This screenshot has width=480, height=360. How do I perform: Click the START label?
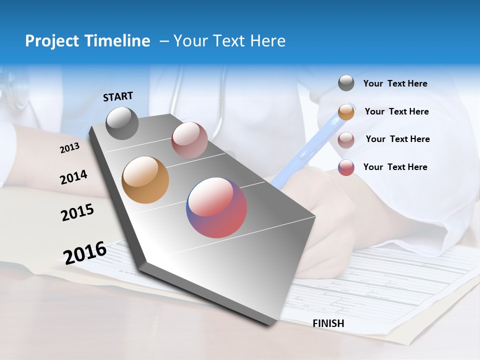[x=118, y=96]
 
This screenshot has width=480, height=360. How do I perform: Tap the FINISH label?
[x=328, y=323]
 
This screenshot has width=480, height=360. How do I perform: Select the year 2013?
[x=69, y=148]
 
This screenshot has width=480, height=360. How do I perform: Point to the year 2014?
[x=73, y=177]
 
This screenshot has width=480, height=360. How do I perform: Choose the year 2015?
[x=77, y=212]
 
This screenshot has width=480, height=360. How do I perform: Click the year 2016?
[x=85, y=252]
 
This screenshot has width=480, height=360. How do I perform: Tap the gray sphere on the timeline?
[x=122, y=123]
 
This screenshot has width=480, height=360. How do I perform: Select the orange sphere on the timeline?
[x=145, y=180]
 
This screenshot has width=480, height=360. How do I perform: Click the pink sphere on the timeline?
[x=189, y=139]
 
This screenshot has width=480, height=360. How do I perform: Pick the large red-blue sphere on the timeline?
[x=216, y=207]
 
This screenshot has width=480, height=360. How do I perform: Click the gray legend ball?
[x=346, y=83]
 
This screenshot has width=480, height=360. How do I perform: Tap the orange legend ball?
[x=346, y=111]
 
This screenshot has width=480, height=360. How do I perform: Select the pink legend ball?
[x=346, y=139]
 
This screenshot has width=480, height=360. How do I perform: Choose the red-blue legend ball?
[x=346, y=167]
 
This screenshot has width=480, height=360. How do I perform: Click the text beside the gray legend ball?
[x=395, y=83]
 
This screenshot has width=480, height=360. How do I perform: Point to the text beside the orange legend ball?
[x=396, y=111]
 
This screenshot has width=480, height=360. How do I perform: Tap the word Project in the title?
[x=51, y=41]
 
